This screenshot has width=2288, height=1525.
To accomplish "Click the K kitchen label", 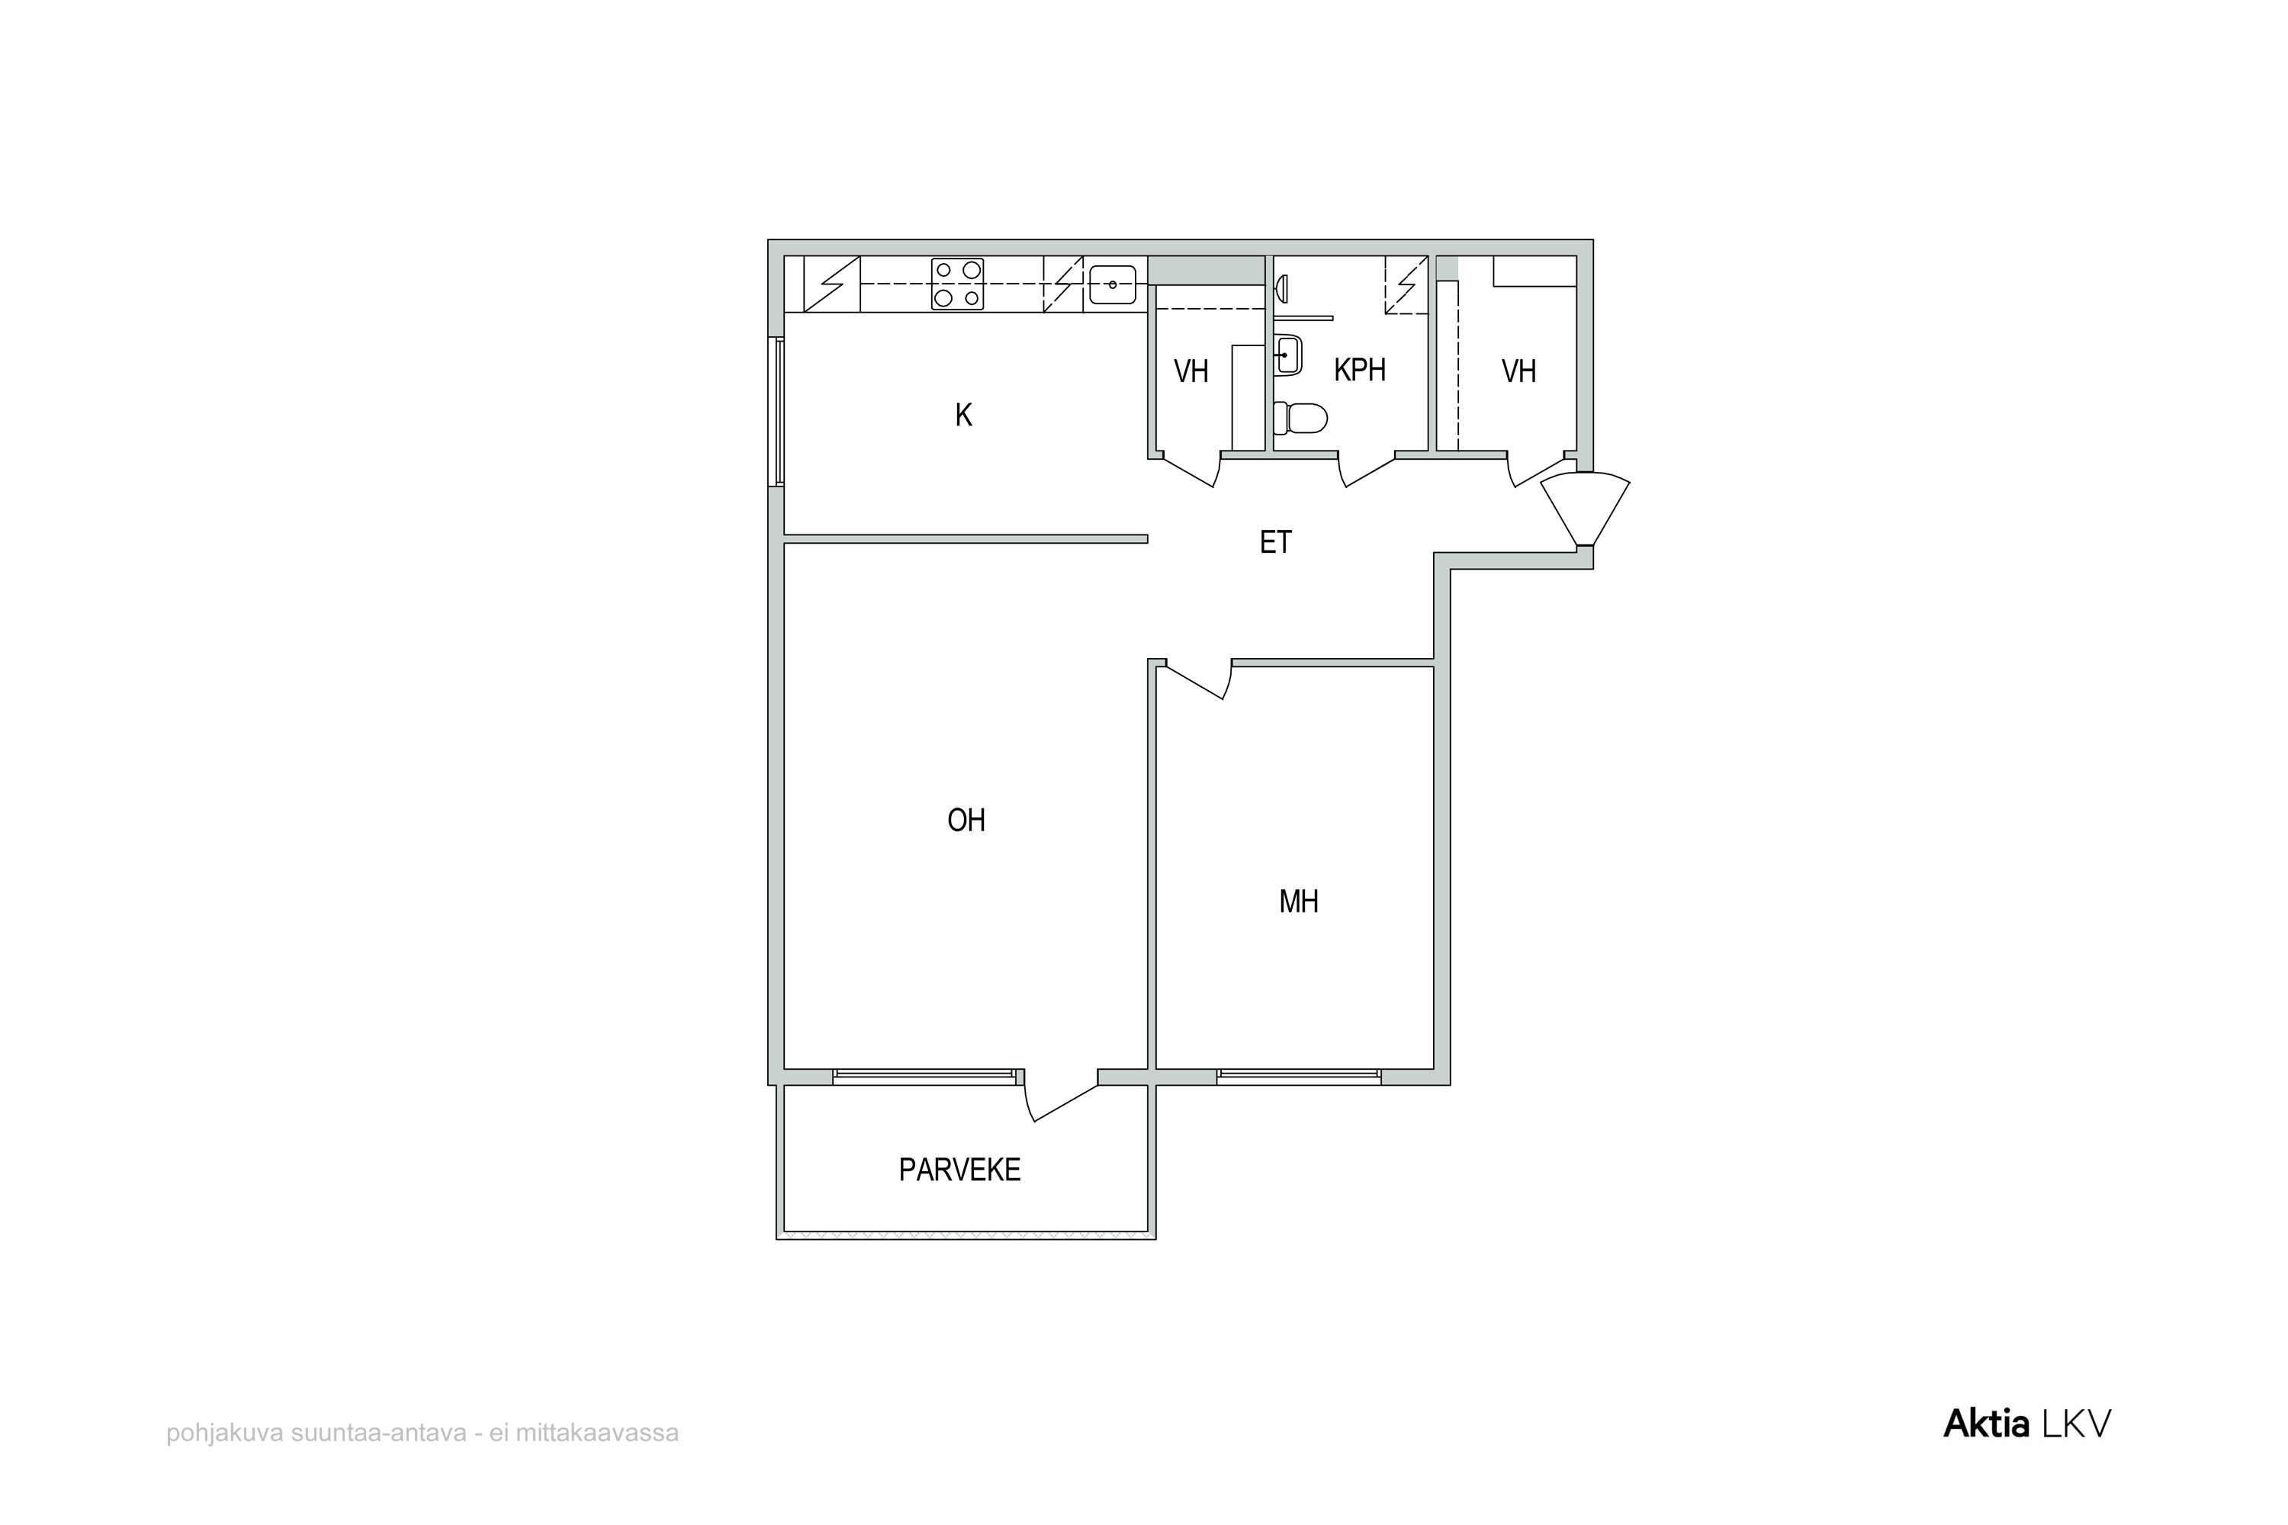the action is pos(963,416).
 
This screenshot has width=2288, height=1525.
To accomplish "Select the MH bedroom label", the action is pos(1299,901).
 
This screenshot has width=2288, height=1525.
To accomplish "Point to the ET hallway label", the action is pos(1275,541).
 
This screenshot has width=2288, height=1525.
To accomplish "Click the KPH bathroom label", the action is pos(1359,370).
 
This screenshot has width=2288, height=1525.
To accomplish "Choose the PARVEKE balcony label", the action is pos(959,1170).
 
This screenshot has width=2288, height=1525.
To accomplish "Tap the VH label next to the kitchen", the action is pos(1191,371).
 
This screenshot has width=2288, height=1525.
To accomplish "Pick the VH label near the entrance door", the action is pos(1518,371).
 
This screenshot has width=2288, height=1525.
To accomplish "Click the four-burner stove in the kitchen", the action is pos(957,284).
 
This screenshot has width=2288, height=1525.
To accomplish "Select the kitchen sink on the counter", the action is pos(1113,284).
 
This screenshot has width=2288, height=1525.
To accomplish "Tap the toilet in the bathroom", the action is pos(1300,418).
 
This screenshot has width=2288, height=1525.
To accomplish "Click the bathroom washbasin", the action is pos(1288,355).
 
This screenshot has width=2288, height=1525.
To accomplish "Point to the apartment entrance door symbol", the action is pos(1585,508).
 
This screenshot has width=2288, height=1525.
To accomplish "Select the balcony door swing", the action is pos(1060,1103).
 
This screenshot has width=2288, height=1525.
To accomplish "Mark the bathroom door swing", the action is pos(1367,470).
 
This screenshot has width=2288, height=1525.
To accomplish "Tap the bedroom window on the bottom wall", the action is pos(1299,1077).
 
